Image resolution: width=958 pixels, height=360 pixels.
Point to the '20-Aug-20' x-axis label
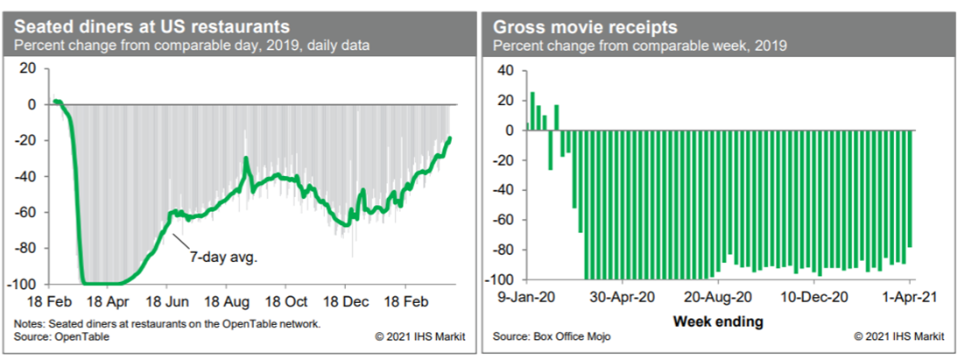[x=719, y=296]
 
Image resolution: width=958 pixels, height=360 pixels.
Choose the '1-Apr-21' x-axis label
[x=912, y=296]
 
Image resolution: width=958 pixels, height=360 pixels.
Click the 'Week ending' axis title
[x=718, y=321]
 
